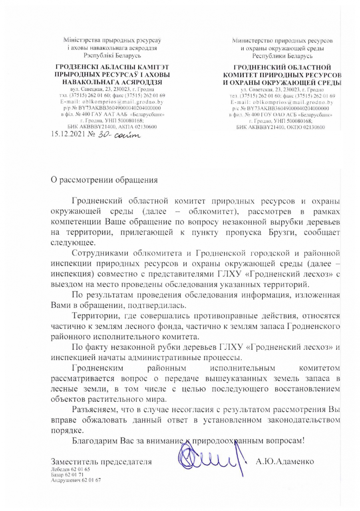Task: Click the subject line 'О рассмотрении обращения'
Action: pos(104,180)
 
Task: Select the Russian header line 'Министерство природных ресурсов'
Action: pos(282,41)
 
